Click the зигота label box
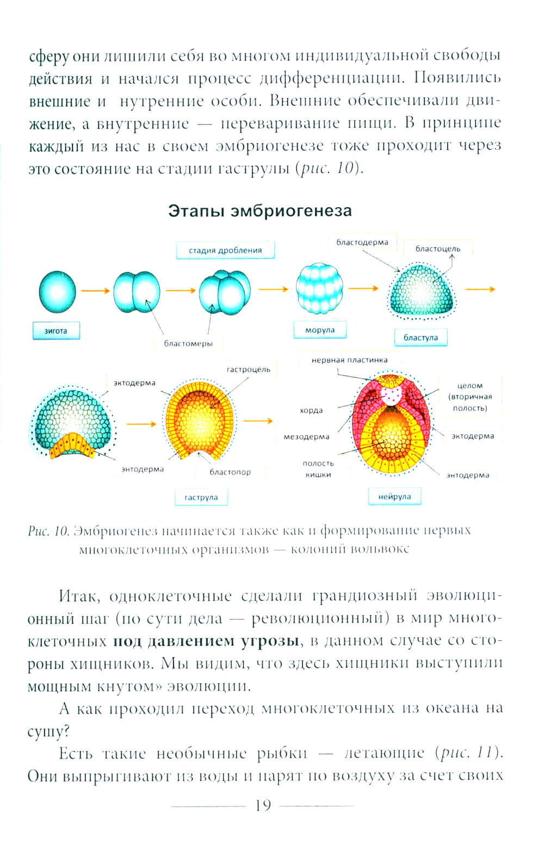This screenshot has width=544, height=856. (56, 331)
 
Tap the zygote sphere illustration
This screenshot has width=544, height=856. (57, 292)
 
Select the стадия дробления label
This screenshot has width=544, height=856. (225, 250)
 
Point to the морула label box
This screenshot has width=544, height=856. (320, 330)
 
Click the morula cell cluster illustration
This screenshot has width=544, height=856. (319, 288)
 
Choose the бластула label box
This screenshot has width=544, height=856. (421, 337)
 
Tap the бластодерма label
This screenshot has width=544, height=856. (362, 242)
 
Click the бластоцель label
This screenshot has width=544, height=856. (438, 249)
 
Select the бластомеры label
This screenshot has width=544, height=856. (188, 343)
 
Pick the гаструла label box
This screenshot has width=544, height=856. (201, 497)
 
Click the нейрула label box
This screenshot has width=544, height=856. (394, 497)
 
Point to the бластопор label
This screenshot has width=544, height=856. (230, 472)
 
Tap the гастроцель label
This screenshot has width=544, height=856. (249, 369)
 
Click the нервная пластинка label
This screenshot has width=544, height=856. (349, 360)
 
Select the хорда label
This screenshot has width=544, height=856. (311, 411)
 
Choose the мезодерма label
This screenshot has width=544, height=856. (306, 437)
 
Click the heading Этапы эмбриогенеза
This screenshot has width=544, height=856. (260, 211)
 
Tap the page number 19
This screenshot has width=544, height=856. (263, 805)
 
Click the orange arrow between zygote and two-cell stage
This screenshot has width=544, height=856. (95, 291)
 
